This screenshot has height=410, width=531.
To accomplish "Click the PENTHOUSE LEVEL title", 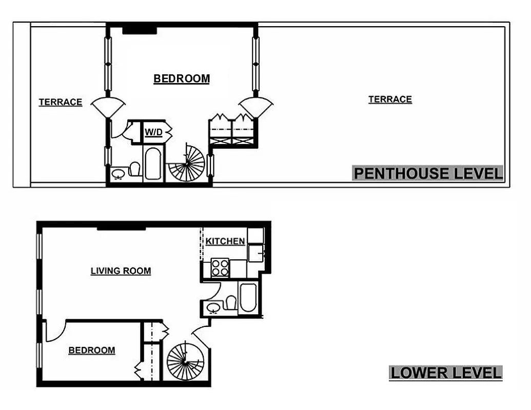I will click(x=428, y=173).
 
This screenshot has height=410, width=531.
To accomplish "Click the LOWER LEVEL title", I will click(x=445, y=373).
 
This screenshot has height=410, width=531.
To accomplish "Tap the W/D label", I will click(x=153, y=132).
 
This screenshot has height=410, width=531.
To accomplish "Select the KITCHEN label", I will click(x=225, y=241).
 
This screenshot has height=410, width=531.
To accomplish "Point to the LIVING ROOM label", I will click(x=121, y=271).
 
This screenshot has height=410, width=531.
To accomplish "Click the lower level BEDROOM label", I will click(x=92, y=350).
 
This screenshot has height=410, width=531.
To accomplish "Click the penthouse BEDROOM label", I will click(x=182, y=78).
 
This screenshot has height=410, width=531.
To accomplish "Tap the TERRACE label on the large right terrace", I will click(x=390, y=99).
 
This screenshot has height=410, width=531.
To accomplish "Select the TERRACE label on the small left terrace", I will click(x=61, y=102).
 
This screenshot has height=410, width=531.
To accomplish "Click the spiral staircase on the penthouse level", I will click(x=188, y=163).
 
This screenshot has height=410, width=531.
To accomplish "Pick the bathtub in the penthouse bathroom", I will click(x=152, y=163).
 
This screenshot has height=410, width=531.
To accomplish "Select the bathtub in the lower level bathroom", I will click(x=247, y=298).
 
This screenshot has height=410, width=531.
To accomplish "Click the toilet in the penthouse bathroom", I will click(x=135, y=169).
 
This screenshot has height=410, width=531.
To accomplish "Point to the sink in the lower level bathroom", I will click(x=213, y=308).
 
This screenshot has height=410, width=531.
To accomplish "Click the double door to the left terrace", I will click(x=108, y=107).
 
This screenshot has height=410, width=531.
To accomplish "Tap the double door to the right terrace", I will click(x=255, y=106).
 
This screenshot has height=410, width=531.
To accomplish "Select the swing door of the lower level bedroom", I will click(x=55, y=331).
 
